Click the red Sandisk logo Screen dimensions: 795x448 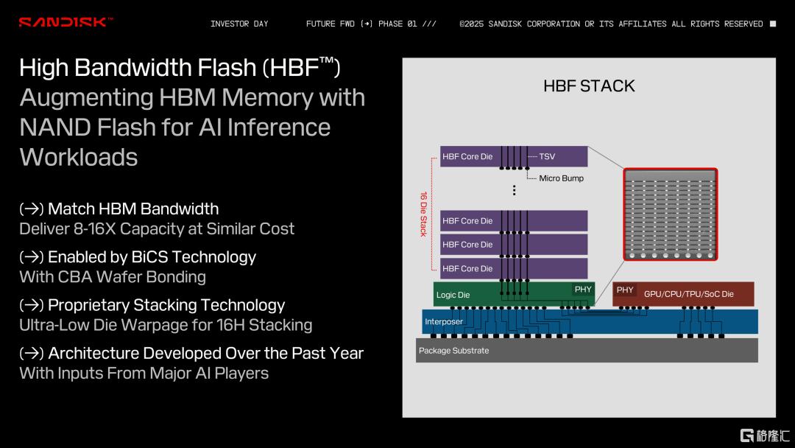pyautogui.click(x=66, y=22)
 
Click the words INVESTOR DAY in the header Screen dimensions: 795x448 pyautogui.click(x=239, y=24)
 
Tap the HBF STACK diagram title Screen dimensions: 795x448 pyautogui.click(x=589, y=86)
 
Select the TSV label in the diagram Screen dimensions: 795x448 pyautogui.click(x=547, y=157)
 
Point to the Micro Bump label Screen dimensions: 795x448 pyautogui.click(x=561, y=178)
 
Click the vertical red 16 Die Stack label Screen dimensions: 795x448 pyautogui.click(x=423, y=214)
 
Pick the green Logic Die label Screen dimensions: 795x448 pyautogui.click(x=453, y=295)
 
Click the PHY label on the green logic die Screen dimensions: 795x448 pyautogui.click(x=583, y=289)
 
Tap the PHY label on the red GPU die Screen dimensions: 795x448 pyautogui.click(x=625, y=290)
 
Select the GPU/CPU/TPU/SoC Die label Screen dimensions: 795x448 pyautogui.click(x=688, y=294)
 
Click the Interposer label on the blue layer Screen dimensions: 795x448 pyautogui.click(x=444, y=322)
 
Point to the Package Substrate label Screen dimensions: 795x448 pyautogui.click(x=453, y=351)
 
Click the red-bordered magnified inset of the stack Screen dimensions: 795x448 pyautogui.click(x=671, y=214)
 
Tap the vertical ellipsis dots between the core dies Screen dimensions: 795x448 pyautogui.click(x=514, y=190)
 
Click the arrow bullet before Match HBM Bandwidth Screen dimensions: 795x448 pyautogui.click(x=32, y=209)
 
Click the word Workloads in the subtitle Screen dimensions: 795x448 pyautogui.click(x=79, y=157)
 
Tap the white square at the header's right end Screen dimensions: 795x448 pyautogui.click(x=773, y=24)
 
